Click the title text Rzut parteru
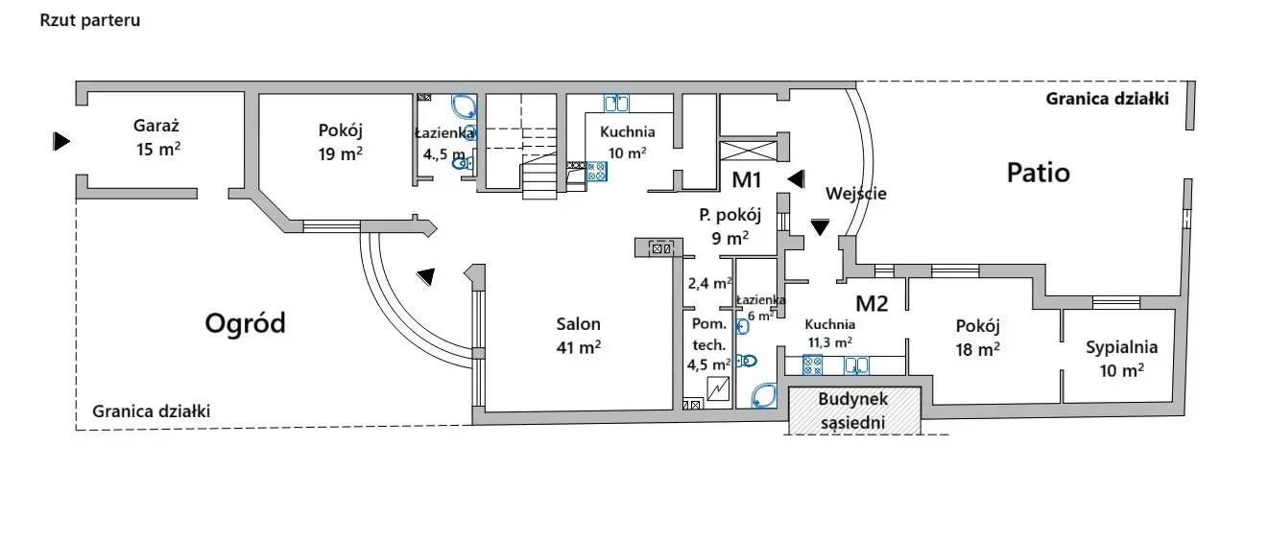[x=90, y=20]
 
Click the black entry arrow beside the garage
[x=61, y=142]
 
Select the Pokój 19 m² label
[x=341, y=141]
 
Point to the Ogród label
[x=246, y=323]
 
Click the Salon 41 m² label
[x=578, y=335]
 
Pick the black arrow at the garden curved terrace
[x=425, y=276]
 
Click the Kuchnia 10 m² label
[x=627, y=142]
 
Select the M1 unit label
[x=747, y=179]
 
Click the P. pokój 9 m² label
[x=730, y=225]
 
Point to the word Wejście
[x=856, y=193]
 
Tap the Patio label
[x=1038, y=173]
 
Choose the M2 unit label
[x=872, y=303]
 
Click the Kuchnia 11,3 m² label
[x=830, y=333]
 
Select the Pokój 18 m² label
[x=978, y=337]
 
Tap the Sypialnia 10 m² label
[x=1121, y=358]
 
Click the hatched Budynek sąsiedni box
[x=852, y=410]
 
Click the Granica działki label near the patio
[x=1107, y=98]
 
